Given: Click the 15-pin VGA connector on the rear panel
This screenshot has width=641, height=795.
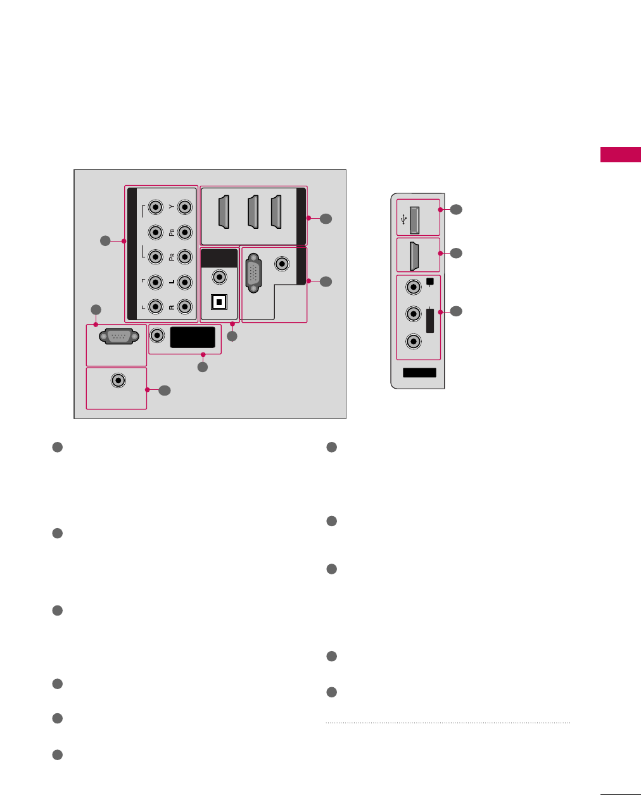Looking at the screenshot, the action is click(253, 273).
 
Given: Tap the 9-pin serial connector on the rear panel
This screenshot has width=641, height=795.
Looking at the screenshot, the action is click(117, 336).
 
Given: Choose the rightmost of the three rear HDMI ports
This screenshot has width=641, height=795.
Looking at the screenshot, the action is click(276, 212).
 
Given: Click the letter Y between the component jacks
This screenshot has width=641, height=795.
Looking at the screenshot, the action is click(171, 207).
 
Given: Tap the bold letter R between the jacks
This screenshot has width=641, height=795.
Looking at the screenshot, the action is click(171, 307).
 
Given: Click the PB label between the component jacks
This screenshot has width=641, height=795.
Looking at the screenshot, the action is click(171, 232).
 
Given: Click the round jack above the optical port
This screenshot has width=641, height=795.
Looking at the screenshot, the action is click(219, 277).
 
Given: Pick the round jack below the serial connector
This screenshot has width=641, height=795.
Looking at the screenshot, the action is click(118, 380).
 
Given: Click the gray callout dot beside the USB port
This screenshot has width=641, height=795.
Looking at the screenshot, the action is click(457, 209).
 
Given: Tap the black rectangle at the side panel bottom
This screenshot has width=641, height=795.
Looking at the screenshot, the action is click(419, 372).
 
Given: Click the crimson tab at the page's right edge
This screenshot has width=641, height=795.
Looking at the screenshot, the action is click(620, 155).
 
